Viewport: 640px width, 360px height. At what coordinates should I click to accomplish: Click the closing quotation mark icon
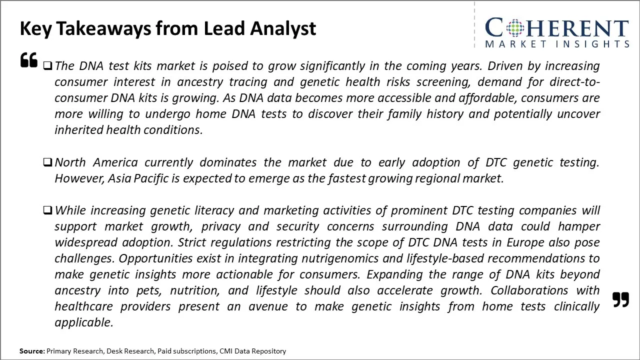pos(620,299)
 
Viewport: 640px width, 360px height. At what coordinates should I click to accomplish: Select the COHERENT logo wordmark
pos(556,28)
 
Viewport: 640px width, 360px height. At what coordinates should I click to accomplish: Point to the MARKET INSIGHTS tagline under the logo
pos(556,44)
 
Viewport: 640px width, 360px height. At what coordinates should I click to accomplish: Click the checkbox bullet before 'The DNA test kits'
pos(47,65)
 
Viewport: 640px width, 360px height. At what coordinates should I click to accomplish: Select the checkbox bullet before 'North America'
pos(47,162)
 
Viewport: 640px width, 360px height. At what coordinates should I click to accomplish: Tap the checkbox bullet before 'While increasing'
pos(47,210)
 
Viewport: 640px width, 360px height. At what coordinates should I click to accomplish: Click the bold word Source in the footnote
pos(31,351)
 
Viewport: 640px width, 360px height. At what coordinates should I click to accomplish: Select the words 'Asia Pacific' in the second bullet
pos(138,178)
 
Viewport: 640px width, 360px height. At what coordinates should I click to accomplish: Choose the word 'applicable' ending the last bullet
pos(83,322)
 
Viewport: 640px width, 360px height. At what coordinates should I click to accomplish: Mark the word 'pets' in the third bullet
pos(148,290)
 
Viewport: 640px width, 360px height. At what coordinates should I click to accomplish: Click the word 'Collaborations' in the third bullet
pos(528,290)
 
